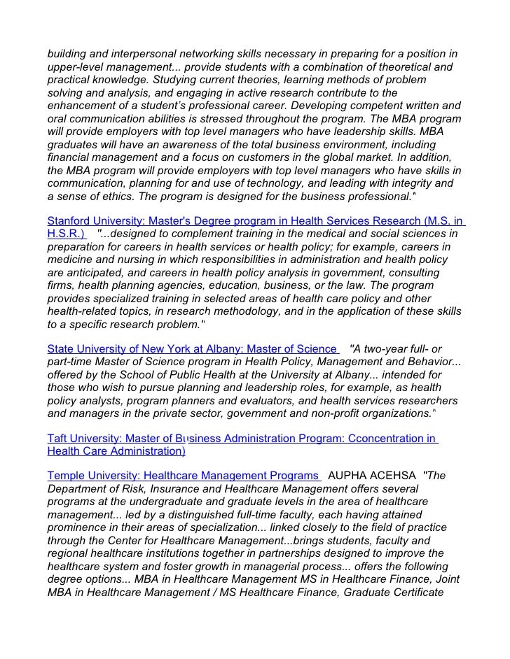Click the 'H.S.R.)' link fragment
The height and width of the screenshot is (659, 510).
pyautogui.click(x=66, y=234)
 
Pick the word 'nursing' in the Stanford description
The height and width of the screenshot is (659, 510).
pyautogui.click(x=126, y=260)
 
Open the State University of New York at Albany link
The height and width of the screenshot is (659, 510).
pyautogui.click(x=192, y=349)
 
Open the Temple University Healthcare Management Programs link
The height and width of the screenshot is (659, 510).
pyautogui.click(x=183, y=476)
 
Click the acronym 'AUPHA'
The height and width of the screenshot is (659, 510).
pyautogui.click(x=349, y=476)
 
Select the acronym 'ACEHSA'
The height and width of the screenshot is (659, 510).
pyautogui.click(x=395, y=476)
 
